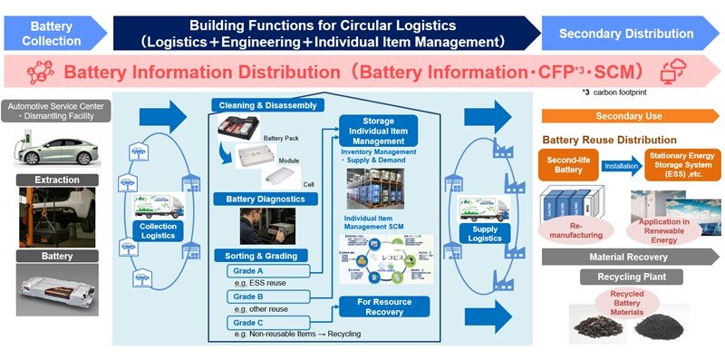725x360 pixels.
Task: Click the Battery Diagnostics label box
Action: [266, 198]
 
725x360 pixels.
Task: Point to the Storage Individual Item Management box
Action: [378, 131]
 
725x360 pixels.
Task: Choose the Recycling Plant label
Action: [631, 277]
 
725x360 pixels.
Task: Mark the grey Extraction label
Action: [57, 180]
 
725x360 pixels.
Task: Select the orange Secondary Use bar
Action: [631, 116]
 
